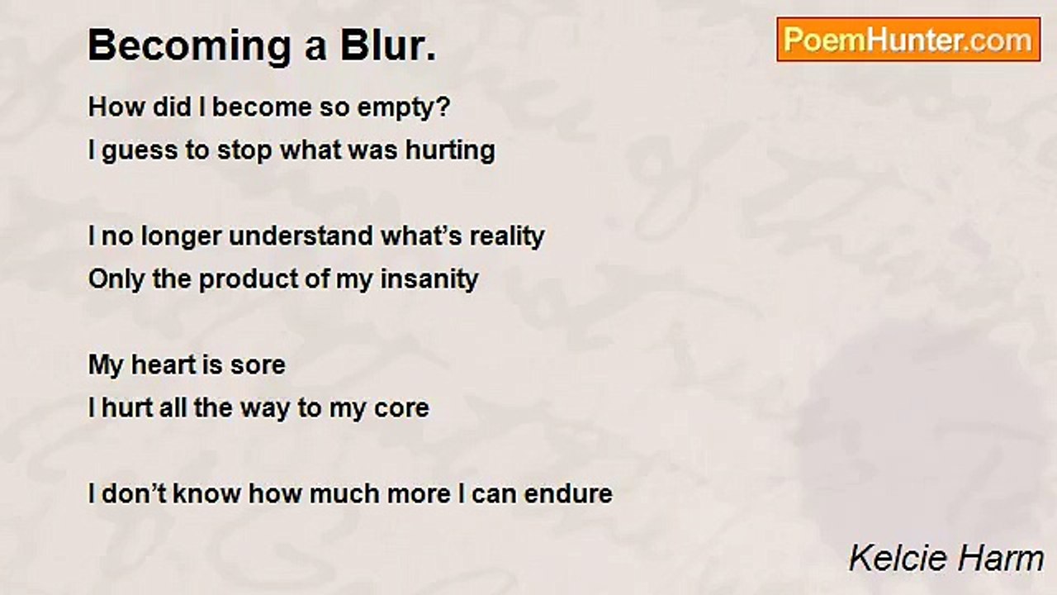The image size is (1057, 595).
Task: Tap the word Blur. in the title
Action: click(x=389, y=45)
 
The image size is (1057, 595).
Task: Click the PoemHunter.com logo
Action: click(x=908, y=40)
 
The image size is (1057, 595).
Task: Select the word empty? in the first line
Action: click(x=404, y=108)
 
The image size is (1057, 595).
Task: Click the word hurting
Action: click(x=451, y=151)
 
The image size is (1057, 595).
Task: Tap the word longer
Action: click(x=181, y=236)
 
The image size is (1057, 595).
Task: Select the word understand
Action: click(x=301, y=236)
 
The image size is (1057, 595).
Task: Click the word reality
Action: click(x=507, y=236)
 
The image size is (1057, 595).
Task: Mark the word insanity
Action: click(x=429, y=279)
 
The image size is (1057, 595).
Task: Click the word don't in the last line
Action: click(x=134, y=493)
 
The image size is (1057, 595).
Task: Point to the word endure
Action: click(x=568, y=493)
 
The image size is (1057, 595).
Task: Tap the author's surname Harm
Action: click(x=997, y=558)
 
